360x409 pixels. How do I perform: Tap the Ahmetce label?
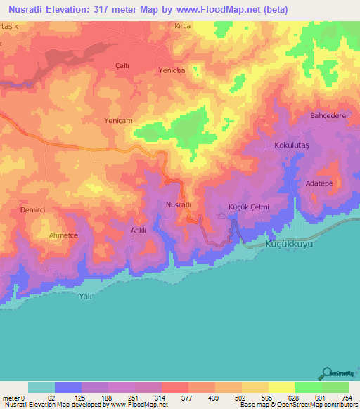(x=62, y=235)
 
